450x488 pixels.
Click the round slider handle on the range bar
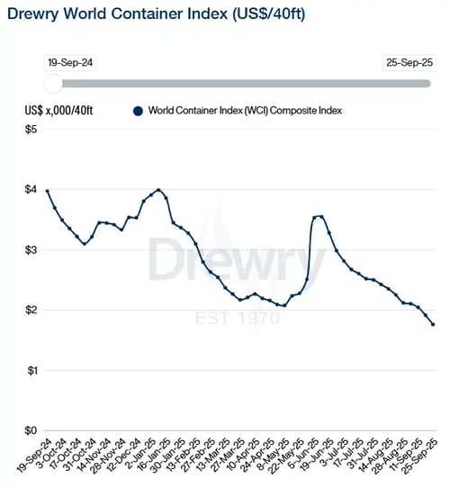(53, 84)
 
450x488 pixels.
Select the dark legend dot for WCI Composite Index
(138, 111)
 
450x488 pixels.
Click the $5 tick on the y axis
(31, 131)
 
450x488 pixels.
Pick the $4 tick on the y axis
(31, 190)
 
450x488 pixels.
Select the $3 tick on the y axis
(31, 250)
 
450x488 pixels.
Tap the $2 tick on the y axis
(31, 311)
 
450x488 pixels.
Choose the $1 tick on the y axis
(31, 371)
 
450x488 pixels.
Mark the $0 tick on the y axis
(31, 430)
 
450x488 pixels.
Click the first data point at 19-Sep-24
(47, 191)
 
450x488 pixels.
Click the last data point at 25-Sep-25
(433, 324)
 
